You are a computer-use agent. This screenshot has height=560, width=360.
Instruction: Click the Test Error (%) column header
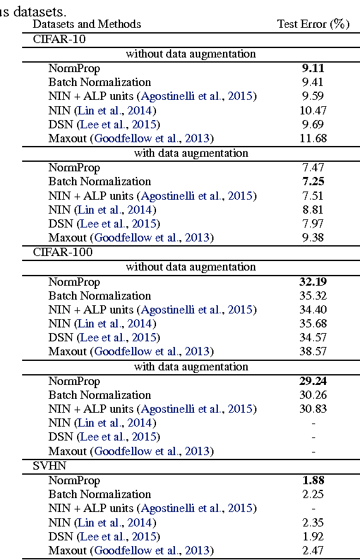(313, 24)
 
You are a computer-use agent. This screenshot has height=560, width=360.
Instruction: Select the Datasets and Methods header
(87, 24)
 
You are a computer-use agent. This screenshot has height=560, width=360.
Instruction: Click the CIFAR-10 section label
(59, 39)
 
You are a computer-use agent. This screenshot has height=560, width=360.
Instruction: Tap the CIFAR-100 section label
(63, 252)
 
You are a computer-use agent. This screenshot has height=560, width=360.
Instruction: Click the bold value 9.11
(314, 68)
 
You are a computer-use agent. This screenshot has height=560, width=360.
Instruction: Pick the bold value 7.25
(314, 181)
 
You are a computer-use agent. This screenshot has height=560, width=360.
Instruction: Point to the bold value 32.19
(314, 282)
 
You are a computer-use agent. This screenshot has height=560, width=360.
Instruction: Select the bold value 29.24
(314, 381)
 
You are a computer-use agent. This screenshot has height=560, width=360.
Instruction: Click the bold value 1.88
(314, 480)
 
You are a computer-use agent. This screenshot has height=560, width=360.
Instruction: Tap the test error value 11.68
(314, 138)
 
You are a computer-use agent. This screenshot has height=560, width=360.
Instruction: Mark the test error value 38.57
(314, 351)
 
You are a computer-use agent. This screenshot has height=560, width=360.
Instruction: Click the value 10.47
(314, 110)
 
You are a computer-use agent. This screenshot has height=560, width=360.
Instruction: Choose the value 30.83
(314, 409)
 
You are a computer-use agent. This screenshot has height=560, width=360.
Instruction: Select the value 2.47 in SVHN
(314, 551)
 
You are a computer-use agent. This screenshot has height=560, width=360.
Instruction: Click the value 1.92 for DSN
(314, 537)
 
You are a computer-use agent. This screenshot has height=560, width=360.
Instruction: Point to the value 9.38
(314, 238)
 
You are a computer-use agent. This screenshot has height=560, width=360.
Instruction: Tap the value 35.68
(314, 324)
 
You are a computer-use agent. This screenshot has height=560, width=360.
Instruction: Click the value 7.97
(314, 224)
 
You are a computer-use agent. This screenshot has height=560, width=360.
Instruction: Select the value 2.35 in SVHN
(314, 523)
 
